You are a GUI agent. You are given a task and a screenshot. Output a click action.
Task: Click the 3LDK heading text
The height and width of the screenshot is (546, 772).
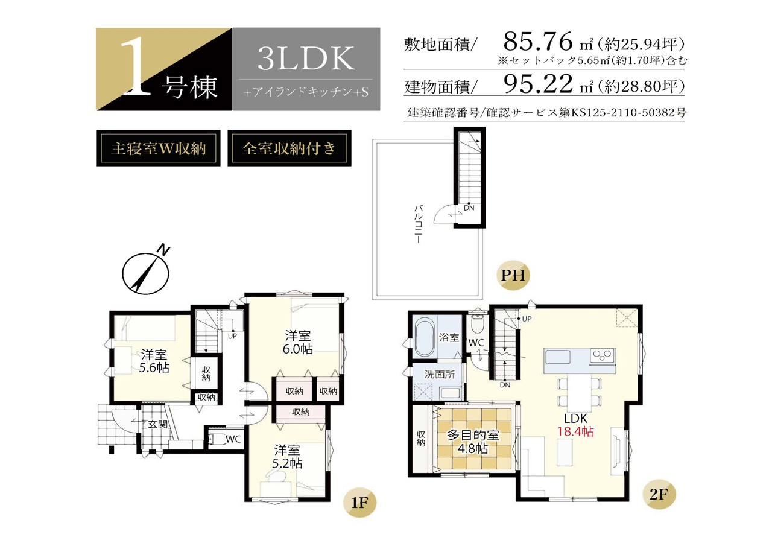tap(306, 58)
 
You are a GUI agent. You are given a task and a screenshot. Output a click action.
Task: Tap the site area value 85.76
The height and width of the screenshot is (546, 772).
tap(537, 42)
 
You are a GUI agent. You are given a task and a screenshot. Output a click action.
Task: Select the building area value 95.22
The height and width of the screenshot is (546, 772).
tap(537, 84)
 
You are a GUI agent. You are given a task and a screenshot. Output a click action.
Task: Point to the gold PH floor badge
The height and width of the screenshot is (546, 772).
tap(513, 275)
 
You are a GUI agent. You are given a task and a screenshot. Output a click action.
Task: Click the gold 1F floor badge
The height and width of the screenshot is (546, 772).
tap(359, 503)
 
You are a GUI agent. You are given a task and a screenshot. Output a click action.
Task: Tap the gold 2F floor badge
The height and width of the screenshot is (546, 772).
tap(659, 495)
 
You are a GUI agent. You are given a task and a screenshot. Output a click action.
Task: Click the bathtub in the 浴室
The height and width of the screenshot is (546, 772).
tap(425, 337)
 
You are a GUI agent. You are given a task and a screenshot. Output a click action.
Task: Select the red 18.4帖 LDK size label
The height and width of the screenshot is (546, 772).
tap(575, 431)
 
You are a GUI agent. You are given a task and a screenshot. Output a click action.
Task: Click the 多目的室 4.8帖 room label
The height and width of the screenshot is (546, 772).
tap(473, 442)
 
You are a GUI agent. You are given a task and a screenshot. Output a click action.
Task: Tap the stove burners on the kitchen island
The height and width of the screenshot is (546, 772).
tap(603, 355)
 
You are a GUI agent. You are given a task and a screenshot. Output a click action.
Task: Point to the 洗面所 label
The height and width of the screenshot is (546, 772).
tap(439, 374)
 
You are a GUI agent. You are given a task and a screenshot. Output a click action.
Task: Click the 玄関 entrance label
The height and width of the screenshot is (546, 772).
tap(158, 424)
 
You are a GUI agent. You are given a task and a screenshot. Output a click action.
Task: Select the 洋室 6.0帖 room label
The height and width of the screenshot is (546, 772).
tap(298, 342)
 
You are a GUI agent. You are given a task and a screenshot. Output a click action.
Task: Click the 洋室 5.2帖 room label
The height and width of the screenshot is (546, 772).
tap(287, 457)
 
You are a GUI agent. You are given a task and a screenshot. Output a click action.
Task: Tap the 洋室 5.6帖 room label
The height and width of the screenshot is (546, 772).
tap(154, 361)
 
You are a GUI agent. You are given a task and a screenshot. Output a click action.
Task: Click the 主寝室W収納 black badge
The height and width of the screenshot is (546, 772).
tap(159, 148)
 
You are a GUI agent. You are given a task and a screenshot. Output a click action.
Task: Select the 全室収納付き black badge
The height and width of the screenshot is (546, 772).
tap(289, 148)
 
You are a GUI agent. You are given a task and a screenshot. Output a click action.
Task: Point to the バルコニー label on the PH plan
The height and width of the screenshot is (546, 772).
tap(419, 224)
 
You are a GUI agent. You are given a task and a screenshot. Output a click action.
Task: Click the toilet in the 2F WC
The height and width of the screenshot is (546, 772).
tap(478, 323)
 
